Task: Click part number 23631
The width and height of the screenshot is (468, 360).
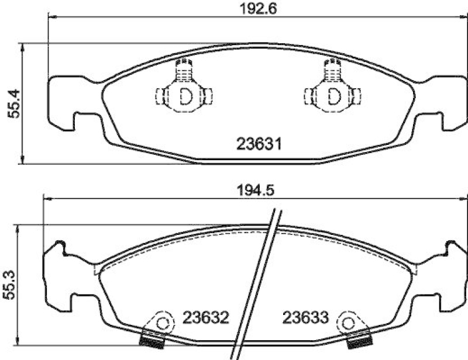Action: tap(259, 143)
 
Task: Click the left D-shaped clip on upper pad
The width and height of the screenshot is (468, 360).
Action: tap(185, 95)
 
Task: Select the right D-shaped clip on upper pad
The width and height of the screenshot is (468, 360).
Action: tap(333, 95)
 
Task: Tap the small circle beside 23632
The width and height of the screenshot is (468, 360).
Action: tap(163, 323)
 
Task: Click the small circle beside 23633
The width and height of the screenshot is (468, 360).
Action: tap(349, 323)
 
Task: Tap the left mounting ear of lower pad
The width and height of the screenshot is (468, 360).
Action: tap(58, 275)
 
